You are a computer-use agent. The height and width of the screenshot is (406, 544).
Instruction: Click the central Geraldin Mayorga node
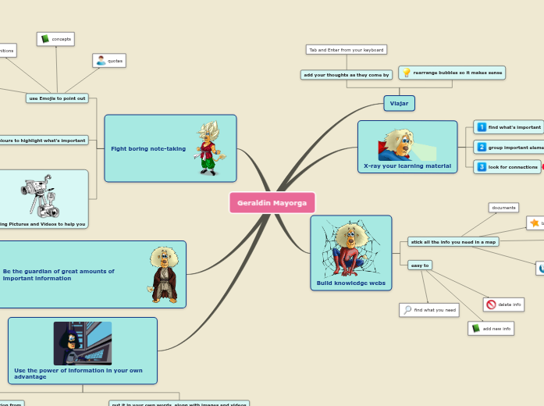pyautogui.click(x=272, y=203)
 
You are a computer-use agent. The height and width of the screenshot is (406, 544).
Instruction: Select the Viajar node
pyautogui.click(x=399, y=103)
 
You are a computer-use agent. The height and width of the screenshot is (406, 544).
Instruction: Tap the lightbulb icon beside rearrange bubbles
pyautogui.click(x=407, y=73)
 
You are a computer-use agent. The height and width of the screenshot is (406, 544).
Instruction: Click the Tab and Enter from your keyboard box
pyautogui.click(x=346, y=50)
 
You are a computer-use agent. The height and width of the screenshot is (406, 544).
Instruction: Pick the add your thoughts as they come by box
pyautogui.click(x=346, y=75)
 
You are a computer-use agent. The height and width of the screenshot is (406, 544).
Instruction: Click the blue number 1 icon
pyautogui.click(x=482, y=126)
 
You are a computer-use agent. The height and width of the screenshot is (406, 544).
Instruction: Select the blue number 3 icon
pyautogui.click(x=482, y=166)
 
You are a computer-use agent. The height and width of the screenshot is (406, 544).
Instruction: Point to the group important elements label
pyautogui.click(x=516, y=147)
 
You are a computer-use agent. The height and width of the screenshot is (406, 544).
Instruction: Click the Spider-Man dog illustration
pyautogui.click(x=351, y=249)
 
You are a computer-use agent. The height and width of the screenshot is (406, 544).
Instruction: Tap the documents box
pyautogui.click(x=503, y=208)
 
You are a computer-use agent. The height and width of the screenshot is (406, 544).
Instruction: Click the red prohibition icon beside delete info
pyautogui.click(x=491, y=304)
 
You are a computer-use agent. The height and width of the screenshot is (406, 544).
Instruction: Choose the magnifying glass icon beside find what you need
pyautogui.click(x=407, y=310)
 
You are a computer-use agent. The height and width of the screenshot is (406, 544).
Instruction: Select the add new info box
pyautogui.click(x=491, y=329)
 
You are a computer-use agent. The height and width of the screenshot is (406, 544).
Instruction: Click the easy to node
pyautogui.click(x=420, y=265)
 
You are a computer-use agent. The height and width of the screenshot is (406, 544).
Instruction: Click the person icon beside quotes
pyautogui.click(x=100, y=60)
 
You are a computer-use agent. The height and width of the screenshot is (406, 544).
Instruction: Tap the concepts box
pyautogui.click(x=55, y=39)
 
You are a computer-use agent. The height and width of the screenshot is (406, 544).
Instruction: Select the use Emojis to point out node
pyautogui.click(x=57, y=98)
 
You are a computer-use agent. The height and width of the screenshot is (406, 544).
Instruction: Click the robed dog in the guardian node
pyautogui.click(x=164, y=274)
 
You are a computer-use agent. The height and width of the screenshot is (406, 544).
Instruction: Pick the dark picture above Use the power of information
pyautogui.click(x=83, y=343)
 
